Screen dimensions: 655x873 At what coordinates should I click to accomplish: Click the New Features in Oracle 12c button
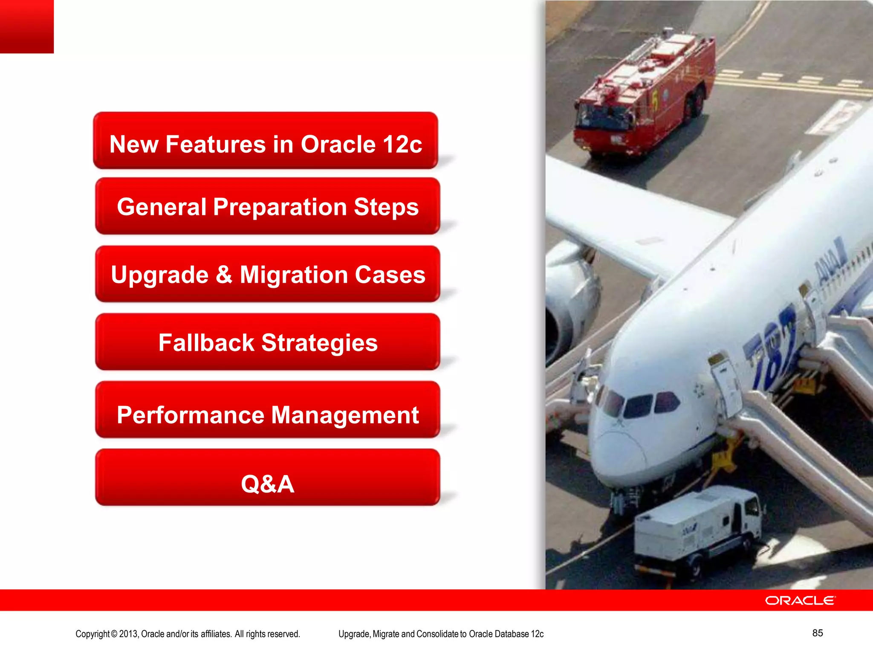[x=266, y=141]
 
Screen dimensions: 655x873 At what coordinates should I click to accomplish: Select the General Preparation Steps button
[x=268, y=206]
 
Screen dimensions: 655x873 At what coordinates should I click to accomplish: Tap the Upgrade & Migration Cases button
[x=268, y=274]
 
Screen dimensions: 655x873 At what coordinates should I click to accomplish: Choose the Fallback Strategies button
[x=268, y=342]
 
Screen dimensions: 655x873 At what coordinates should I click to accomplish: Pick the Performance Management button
[x=268, y=410]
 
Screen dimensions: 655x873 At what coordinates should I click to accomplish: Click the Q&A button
[x=268, y=478]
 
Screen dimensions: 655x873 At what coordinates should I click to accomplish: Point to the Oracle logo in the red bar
[x=800, y=600]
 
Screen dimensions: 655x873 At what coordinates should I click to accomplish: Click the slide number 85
[x=817, y=633]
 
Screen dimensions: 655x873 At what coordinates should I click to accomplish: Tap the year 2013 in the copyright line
[x=128, y=634]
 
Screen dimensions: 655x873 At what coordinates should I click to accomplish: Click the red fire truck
[x=644, y=94]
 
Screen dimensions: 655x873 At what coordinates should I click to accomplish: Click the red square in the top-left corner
[x=26, y=26]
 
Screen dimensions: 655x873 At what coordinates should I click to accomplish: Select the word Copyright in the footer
[x=93, y=634]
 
